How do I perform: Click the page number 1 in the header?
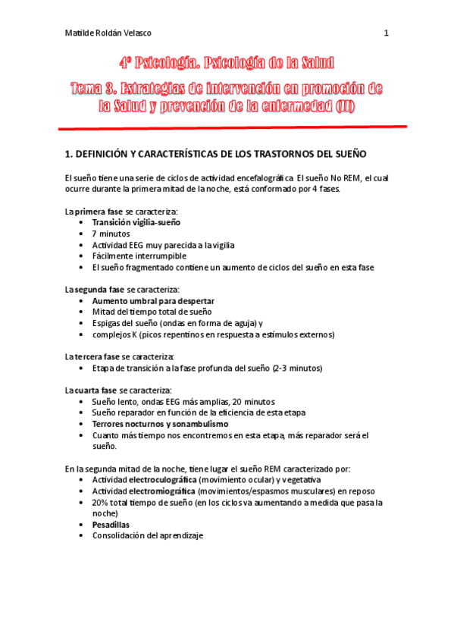387,33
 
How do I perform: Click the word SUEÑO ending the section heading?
349,154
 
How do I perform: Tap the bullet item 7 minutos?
111,234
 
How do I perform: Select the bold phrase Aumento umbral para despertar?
152,301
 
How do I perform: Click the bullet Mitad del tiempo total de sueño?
152,312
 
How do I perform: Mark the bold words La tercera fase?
92,356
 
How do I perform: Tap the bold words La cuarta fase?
91,390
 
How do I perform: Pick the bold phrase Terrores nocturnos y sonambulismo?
159,424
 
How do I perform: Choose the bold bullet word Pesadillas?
111,525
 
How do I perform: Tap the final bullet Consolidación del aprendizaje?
148,536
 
